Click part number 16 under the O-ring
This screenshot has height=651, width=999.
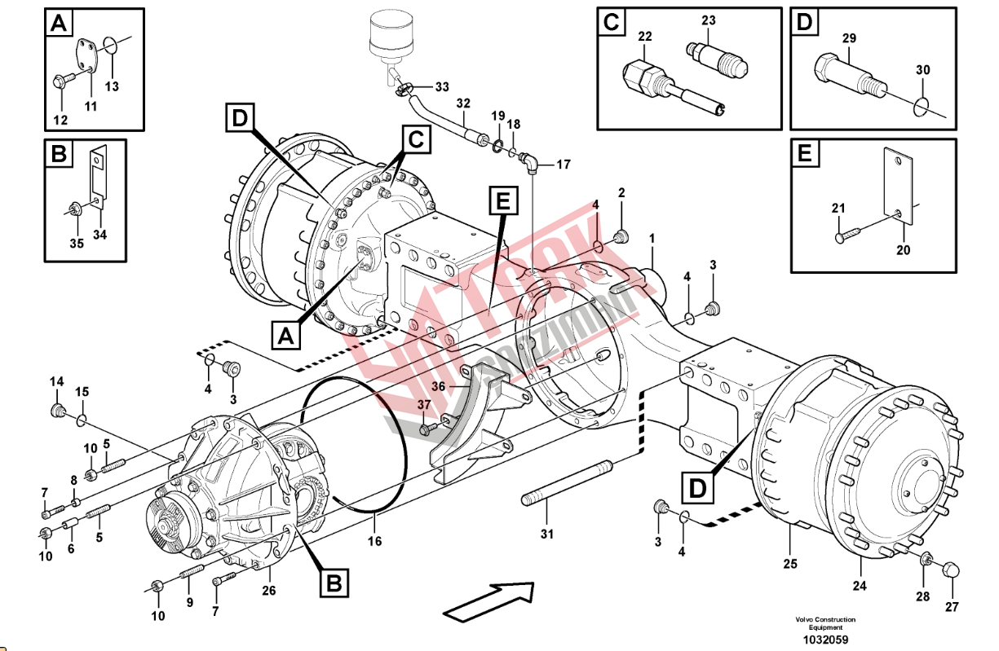pos(374,541)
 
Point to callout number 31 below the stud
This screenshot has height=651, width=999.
pos(546,534)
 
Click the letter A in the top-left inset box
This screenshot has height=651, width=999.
pos(57,24)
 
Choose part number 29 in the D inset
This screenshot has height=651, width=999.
pos(849,38)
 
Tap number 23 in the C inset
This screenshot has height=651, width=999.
pos(708,20)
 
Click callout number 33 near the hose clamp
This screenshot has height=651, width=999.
pos(441,86)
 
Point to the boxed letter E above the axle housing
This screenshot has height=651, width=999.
pos(502,200)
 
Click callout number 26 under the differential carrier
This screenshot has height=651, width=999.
pos(268,590)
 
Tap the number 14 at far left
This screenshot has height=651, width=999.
pos(56,382)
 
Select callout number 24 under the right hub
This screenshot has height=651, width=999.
pos(860,586)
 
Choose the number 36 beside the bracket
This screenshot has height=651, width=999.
pos(438,387)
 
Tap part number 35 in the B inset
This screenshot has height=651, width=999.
pos(76,244)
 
